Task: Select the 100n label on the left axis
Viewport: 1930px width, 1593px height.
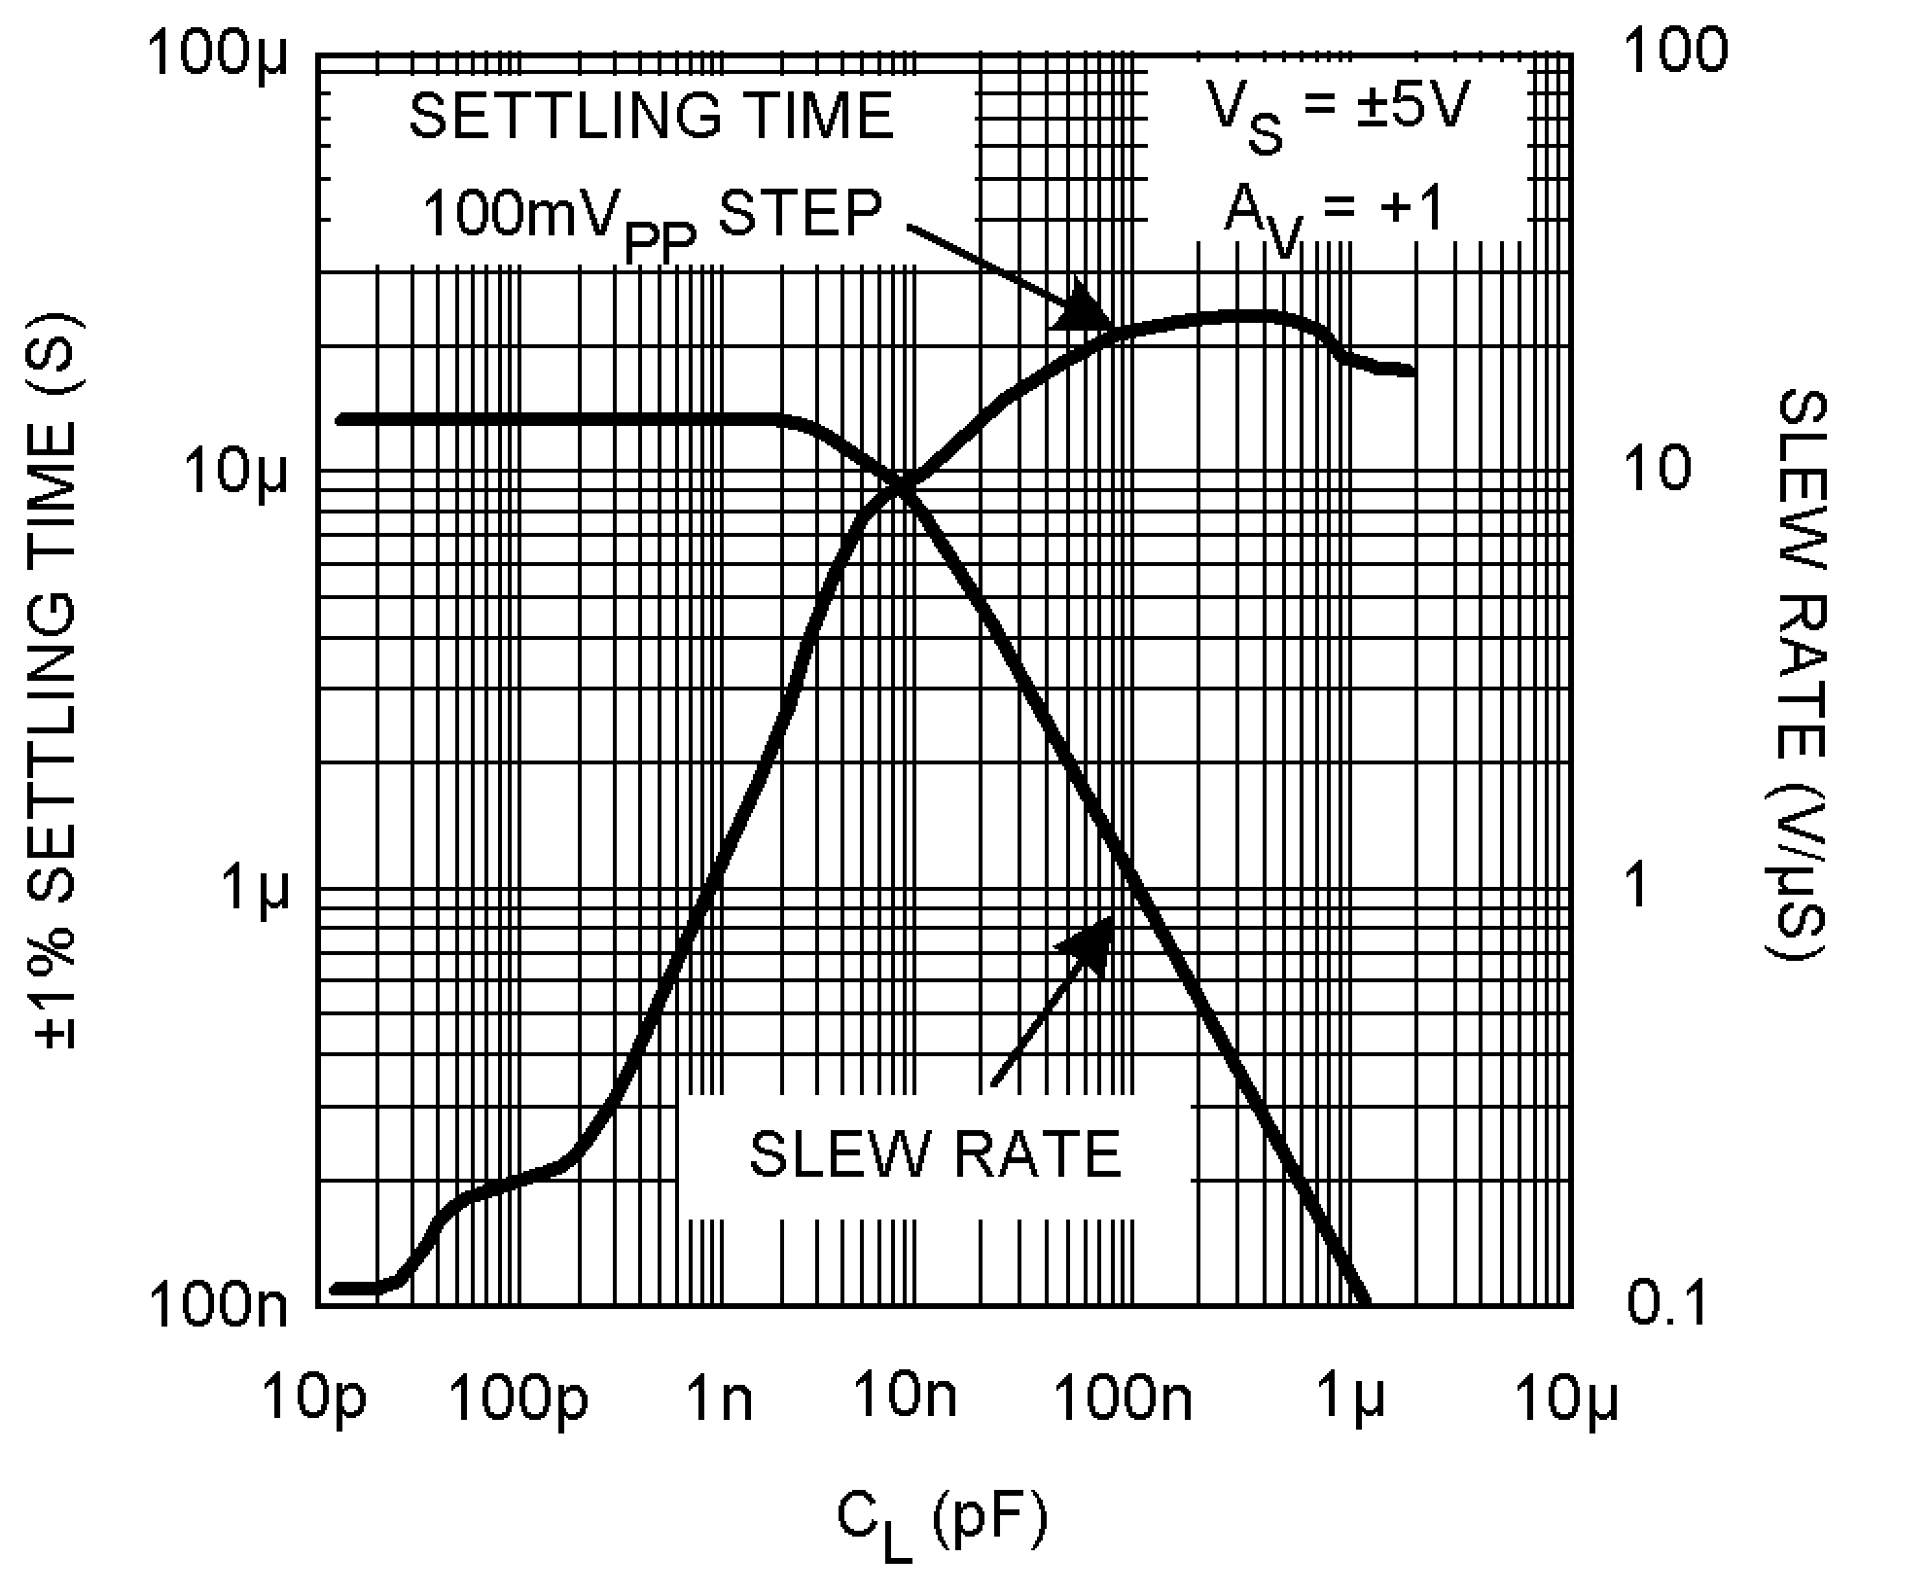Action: click(218, 1305)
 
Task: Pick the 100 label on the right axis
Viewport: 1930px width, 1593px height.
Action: click(1676, 49)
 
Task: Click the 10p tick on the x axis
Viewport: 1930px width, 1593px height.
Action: click(319, 1305)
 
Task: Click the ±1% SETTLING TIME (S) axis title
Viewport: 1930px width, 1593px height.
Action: click(56, 681)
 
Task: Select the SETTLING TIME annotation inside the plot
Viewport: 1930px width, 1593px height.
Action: click(651, 117)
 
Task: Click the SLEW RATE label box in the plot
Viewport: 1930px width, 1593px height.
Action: click(935, 1154)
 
